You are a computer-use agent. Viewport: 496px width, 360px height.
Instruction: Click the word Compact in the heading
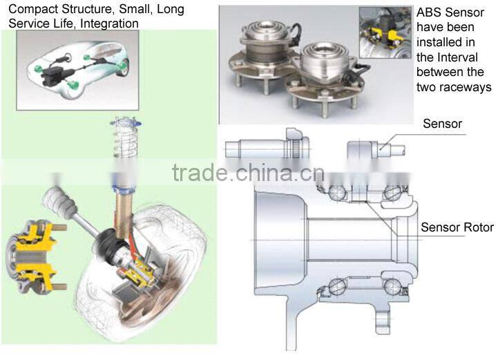point(32,9)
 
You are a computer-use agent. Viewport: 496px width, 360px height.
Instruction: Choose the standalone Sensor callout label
point(442,124)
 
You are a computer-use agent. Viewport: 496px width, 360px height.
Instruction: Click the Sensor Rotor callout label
point(457,227)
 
